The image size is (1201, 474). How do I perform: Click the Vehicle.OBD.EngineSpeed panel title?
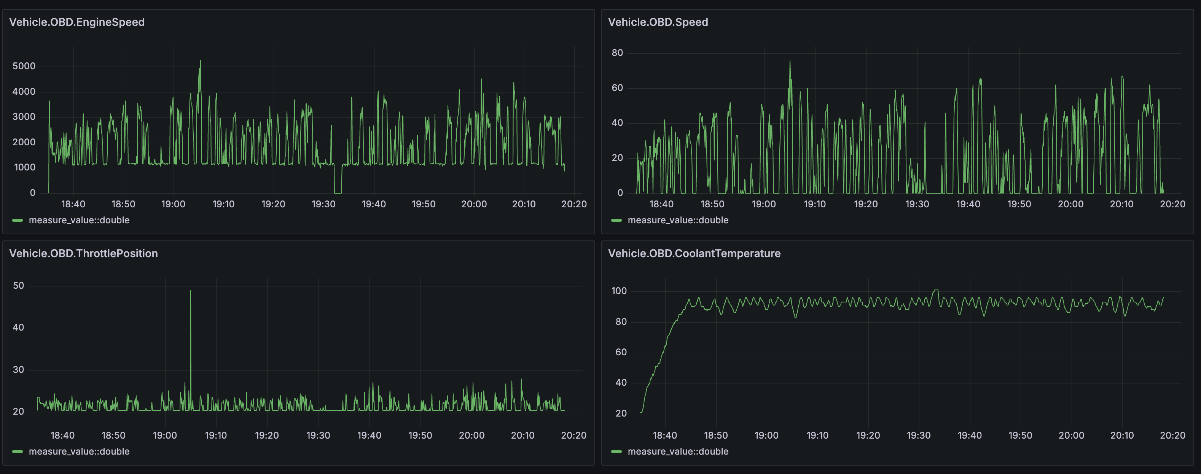[x=77, y=22]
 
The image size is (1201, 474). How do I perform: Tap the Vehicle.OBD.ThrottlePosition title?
[x=83, y=253]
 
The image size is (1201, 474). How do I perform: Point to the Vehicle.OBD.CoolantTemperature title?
[x=694, y=253]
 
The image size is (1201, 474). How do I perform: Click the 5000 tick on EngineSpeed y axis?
[x=24, y=66]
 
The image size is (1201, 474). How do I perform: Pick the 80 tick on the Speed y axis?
[x=617, y=52]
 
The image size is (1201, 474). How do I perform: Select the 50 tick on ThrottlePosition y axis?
[x=18, y=286]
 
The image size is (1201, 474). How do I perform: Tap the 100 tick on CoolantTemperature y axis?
[x=619, y=291]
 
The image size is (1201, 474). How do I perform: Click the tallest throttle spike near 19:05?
[x=190, y=291]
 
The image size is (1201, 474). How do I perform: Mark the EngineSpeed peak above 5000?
[x=201, y=61]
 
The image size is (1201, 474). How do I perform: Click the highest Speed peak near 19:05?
[x=790, y=62]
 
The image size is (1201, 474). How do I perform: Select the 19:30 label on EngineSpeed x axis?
[x=323, y=204]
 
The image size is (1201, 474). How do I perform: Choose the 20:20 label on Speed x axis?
[x=1172, y=204]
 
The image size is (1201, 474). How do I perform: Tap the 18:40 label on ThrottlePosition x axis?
[x=62, y=435]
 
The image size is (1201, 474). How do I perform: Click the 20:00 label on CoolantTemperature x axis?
[x=1071, y=435]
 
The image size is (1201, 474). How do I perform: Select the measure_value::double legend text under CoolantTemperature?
[x=677, y=452]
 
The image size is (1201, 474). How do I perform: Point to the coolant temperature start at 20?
[x=642, y=412]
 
